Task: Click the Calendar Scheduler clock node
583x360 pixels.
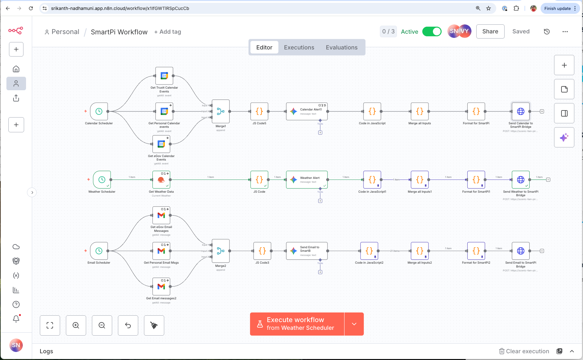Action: click(x=99, y=111)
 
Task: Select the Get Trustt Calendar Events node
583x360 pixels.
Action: click(x=164, y=76)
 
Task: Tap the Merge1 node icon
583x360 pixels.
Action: click(x=221, y=111)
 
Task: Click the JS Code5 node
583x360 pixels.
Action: click(x=259, y=111)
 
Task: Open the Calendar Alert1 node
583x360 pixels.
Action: click(x=307, y=111)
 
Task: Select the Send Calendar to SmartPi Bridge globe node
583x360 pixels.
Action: click(x=521, y=111)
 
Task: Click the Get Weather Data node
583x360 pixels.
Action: click(x=161, y=180)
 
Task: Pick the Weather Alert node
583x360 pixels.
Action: click(x=307, y=180)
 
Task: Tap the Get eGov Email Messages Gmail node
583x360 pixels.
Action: click(x=161, y=215)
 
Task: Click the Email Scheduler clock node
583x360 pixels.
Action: click(x=99, y=251)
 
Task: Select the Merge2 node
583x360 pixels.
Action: click(x=221, y=251)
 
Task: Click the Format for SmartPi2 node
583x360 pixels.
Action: click(x=476, y=251)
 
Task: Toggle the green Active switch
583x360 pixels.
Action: click(x=432, y=31)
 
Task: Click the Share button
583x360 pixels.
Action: click(x=490, y=31)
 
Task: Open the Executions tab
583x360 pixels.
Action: click(x=299, y=48)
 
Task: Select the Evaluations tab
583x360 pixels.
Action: click(x=342, y=48)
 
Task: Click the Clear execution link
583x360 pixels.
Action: click(x=524, y=351)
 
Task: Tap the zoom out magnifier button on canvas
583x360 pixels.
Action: click(x=102, y=325)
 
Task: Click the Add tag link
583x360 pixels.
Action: click(x=168, y=32)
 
